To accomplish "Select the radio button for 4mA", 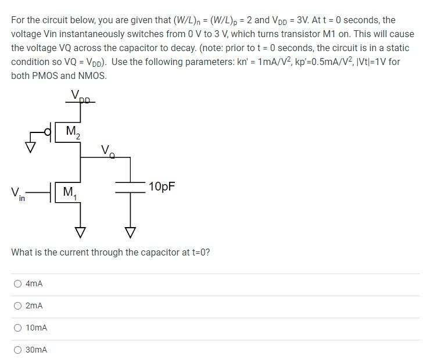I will [x=18, y=284].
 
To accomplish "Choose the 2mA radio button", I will [x=18, y=306].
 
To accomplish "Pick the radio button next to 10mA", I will [x=18, y=328].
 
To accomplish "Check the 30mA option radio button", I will [x=18, y=350].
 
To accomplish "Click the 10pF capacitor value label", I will [x=162, y=186].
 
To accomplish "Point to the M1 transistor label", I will [x=70, y=192].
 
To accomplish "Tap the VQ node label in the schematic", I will [x=107, y=152].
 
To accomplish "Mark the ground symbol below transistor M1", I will [x=81, y=232].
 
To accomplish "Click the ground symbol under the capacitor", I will [x=130, y=232].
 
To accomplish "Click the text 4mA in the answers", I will [x=34, y=284].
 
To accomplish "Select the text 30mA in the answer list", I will [x=37, y=350].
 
